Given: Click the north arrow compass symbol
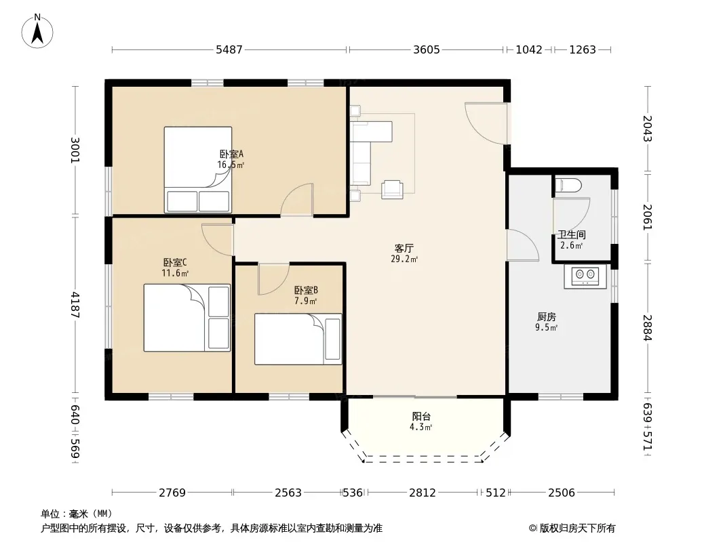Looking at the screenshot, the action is point(37,31).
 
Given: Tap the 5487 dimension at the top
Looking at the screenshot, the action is point(229,49).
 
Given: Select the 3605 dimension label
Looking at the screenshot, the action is point(427,49).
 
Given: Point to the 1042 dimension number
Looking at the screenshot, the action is point(529,49).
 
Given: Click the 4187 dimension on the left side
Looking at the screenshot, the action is point(75,305).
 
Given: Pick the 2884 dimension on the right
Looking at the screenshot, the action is point(648,327).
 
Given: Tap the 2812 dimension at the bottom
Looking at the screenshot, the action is point(423,493).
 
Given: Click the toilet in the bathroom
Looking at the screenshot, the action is point(568,186).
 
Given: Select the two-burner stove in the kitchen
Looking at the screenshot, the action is point(585,277).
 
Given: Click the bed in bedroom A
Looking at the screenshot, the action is point(198,169).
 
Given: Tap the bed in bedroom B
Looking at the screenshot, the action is point(298,339).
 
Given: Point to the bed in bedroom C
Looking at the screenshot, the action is point(187,318).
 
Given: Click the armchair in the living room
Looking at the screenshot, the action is point(392,189).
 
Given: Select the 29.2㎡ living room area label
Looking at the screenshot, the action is point(404,259).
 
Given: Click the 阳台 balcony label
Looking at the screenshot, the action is point(421,416).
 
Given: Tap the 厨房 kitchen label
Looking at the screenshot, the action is point(547,317).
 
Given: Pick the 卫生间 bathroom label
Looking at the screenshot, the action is point(572,235).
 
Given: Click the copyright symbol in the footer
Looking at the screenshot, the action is point(532,528).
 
